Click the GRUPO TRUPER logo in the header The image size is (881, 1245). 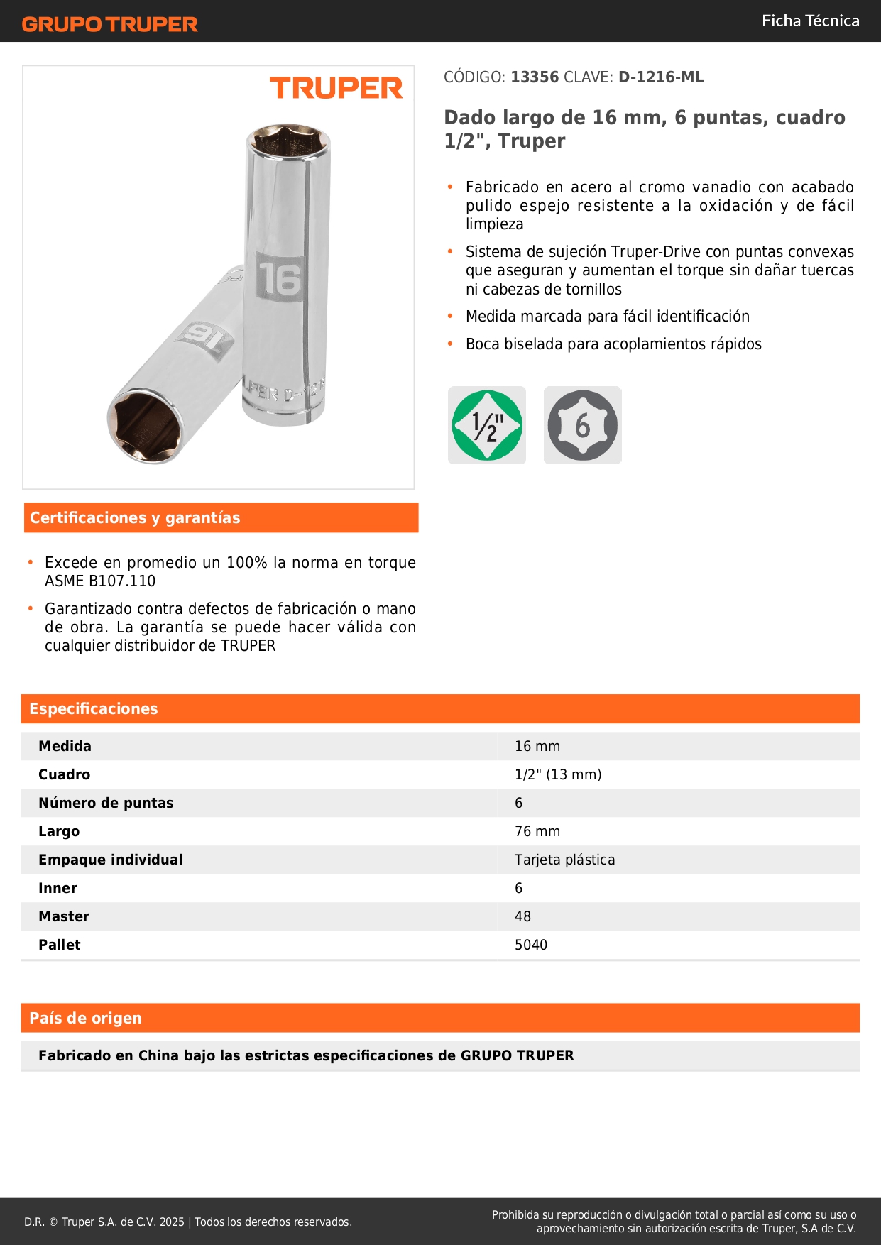pos(109,24)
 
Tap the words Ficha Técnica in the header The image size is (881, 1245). pos(810,21)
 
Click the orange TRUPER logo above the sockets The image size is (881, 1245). pos(336,88)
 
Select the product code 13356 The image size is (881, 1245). pos(535,77)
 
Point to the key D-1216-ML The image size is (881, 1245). pos(661,77)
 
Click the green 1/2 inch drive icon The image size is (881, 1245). pos(487,425)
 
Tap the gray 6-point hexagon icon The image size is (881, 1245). pos(582,425)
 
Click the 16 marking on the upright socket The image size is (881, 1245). pos(280,278)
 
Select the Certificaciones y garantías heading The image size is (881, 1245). pos(135,518)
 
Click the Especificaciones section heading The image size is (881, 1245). pos(94,709)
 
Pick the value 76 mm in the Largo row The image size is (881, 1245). pos(537,831)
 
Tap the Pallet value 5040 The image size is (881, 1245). pos(531,945)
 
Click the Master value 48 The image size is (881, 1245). pos(522,916)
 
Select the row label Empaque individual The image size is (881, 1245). pos(111,860)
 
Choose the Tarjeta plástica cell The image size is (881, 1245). pos(564,860)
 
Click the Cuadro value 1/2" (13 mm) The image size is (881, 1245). pos(558,774)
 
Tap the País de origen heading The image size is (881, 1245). pos(85,1019)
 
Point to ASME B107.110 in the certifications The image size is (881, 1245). pos(100,581)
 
